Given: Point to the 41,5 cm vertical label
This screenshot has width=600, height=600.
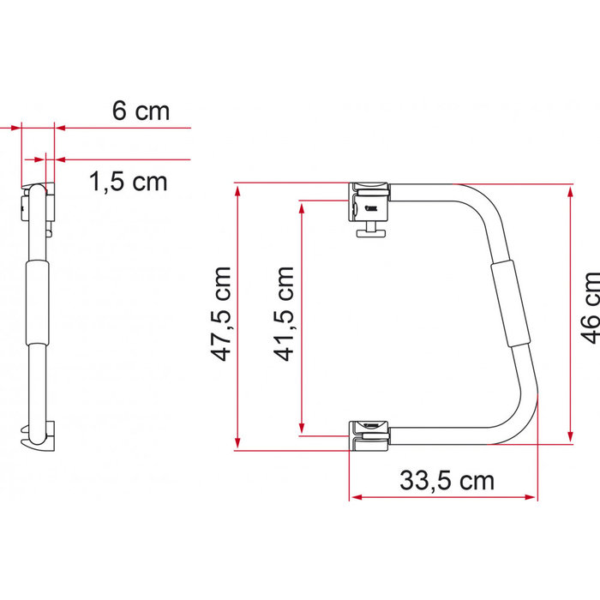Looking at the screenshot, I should [x=284, y=313].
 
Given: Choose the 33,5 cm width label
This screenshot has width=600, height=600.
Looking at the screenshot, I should [x=447, y=480].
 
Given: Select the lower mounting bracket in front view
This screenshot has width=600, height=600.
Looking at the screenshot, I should [x=369, y=435].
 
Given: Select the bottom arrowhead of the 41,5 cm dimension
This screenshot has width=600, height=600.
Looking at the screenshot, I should [x=302, y=429].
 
